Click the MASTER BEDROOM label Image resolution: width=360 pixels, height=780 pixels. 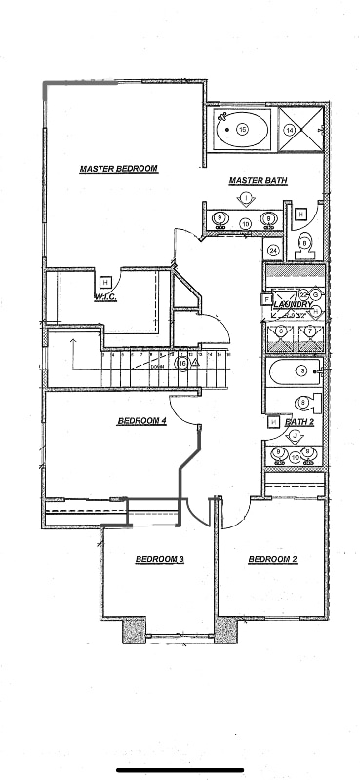tap(118, 169)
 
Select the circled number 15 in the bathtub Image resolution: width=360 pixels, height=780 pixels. tap(242, 128)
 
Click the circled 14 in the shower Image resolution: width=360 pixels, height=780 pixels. tap(289, 128)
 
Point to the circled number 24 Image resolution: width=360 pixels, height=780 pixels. tap(273, 250)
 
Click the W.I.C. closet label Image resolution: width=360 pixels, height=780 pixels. tap(105, 297)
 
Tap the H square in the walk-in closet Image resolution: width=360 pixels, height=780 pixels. tap(104, 282)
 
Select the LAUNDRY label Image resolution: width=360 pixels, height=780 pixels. tap(292, 305)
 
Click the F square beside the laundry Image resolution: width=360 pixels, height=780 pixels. tap(265, 300)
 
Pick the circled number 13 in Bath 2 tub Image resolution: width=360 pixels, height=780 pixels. tap(301, 370)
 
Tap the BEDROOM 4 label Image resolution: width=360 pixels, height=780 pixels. tap(141, 421)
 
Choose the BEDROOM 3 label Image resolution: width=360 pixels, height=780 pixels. tap(159, 559)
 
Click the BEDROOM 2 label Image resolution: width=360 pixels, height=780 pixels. tap(272, 559)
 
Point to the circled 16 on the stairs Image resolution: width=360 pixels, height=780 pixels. tap(181, 363)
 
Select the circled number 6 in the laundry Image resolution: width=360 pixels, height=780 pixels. tap(281, 331)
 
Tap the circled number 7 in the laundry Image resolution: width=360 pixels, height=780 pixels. tap(309, 331)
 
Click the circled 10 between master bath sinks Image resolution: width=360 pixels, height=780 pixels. tap(246, 223)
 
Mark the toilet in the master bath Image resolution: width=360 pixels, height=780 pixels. tap(304, 245)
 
